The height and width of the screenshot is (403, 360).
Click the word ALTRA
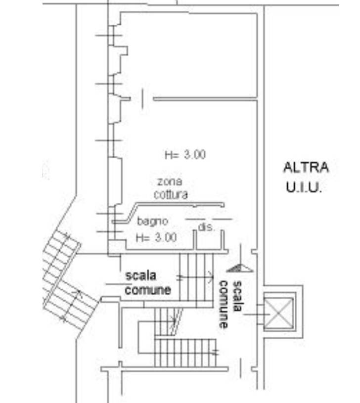point(306,167)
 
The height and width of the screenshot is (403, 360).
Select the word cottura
point(171,195)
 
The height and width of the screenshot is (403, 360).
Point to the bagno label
point(153,221)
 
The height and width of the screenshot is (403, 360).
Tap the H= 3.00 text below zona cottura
point(156,238)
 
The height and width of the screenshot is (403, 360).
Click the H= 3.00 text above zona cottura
point(184,155)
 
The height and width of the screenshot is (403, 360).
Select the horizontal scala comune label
point(148,282)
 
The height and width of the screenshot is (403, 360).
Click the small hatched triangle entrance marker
point(239,268)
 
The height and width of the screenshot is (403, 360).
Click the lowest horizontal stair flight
point(186,352)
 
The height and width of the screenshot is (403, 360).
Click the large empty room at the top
point(188,54)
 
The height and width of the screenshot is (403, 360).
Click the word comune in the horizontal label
point(148,290)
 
